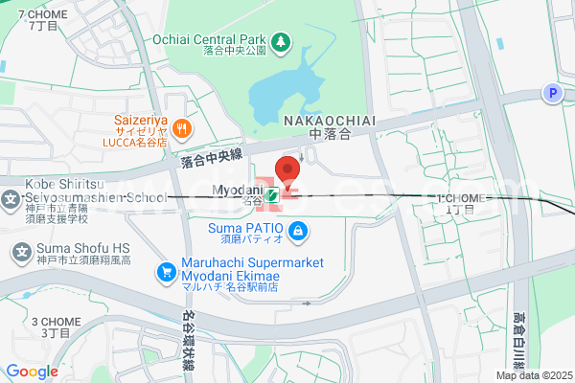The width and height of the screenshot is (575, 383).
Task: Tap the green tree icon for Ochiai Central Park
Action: pos(280,41)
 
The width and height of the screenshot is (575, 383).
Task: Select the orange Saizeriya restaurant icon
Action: pos(183,127)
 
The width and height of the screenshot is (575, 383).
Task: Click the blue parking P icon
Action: pos(551,93)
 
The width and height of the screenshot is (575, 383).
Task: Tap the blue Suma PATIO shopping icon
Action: pos(298,231)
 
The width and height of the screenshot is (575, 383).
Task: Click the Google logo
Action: pos(32,372)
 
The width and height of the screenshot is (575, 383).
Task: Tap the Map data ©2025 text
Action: pos(533,375)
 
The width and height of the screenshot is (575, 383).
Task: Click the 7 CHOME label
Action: pos(43,15)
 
